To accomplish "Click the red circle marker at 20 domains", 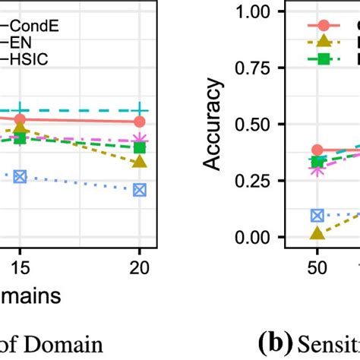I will click(x=139, y=122).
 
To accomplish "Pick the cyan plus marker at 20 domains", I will click(x=139, y=111).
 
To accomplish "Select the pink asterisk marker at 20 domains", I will click(x=139, y=141).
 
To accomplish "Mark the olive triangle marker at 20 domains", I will click(x=139, y=162).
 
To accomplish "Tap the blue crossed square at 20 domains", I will click(x=139, y=190).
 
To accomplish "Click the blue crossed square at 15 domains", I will click(x=21, y=176).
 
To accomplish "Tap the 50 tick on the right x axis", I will click(x=317, y=270).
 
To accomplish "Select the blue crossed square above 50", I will click(x=317, y=216).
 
